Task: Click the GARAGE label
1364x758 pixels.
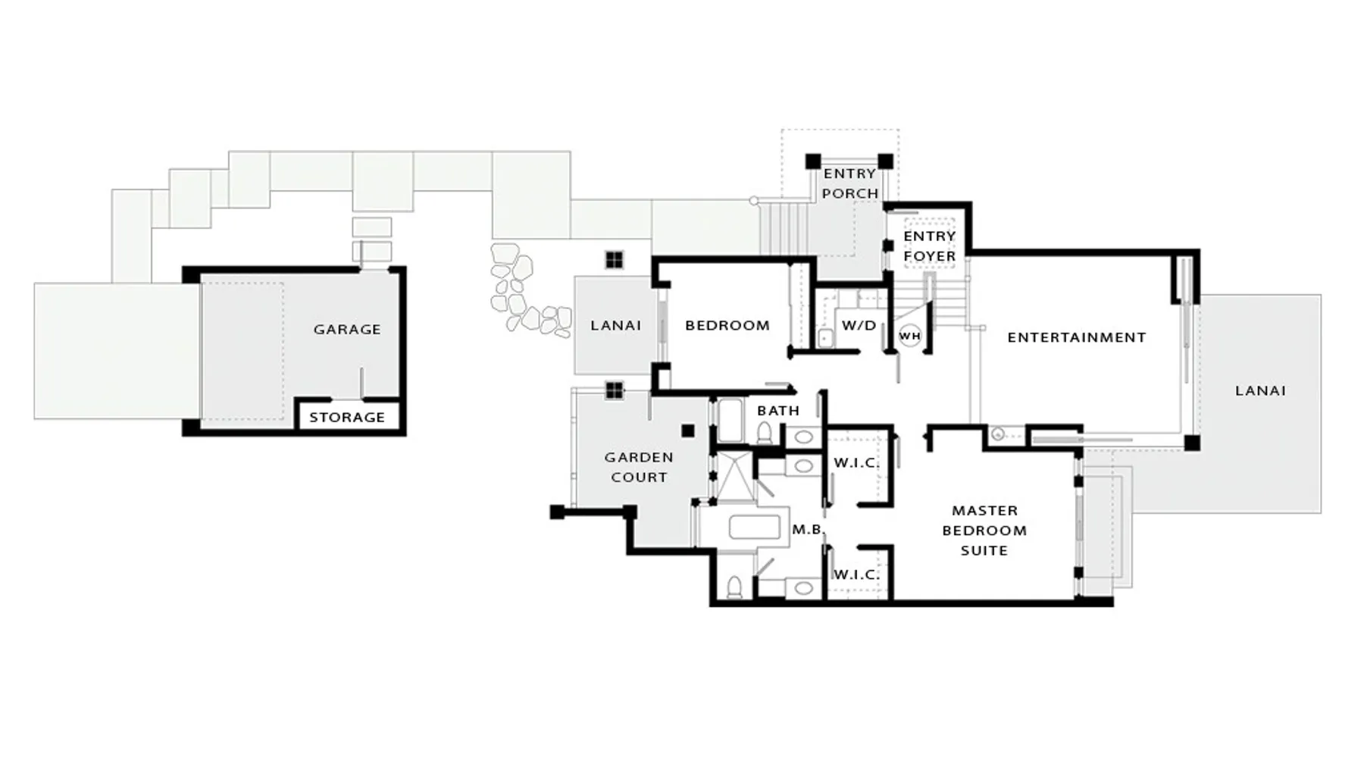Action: (347, 329)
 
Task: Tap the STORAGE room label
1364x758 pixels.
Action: (347, 417)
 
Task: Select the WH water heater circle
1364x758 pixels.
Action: (909, 336)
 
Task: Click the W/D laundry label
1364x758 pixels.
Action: (859, 325)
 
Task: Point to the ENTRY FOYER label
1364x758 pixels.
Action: (929, 246)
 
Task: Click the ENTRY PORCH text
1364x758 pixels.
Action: (850, 183)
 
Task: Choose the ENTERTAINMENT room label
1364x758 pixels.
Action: (1076, 337)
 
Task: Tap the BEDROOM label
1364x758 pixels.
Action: (727, 325)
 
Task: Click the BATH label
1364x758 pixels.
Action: (778, 410)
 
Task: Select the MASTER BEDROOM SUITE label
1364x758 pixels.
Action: (984, 531)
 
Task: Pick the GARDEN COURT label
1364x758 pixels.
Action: (639, 467)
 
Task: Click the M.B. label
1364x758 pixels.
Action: (808, 529)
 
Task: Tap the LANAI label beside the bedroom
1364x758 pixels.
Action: (615, 325)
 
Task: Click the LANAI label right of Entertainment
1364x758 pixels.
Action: (1260, 390)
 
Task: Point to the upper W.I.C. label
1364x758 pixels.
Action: (856, 462)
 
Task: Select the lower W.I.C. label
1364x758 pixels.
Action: (856, 575)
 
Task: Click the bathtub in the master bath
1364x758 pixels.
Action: (754, 528)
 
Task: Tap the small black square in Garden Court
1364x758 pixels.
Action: (688, 431)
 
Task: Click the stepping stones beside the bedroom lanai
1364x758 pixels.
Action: (528, 291)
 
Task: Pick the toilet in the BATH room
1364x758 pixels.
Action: (764, 432)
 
